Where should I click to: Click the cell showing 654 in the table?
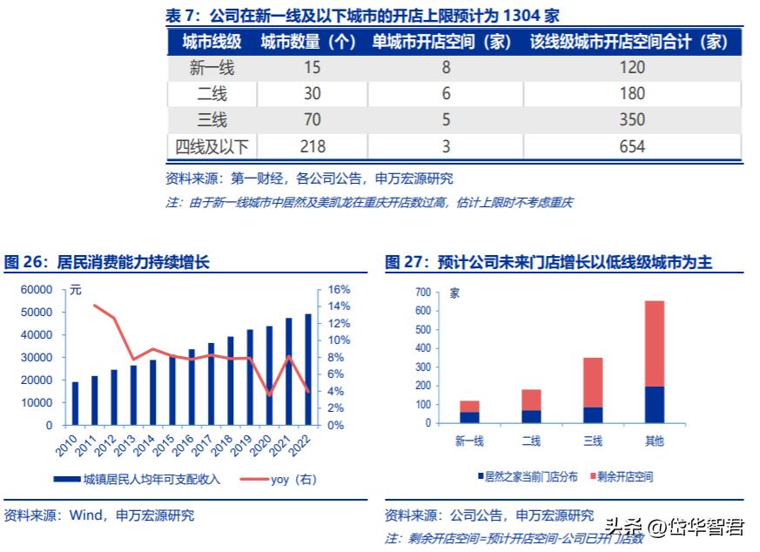pos(632,146)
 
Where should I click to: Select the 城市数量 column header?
pos(308,41)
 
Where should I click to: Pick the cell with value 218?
pos(311,146)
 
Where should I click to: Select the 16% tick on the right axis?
pos(339,289)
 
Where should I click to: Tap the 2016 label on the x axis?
pos(187,447)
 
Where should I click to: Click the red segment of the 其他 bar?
pos(654,344)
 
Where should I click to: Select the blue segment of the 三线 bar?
pos(592,415)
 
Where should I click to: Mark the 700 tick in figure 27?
pos(423,292)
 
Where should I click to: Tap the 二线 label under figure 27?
pos(531,441)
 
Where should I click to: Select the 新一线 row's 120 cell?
pos(632,67)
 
